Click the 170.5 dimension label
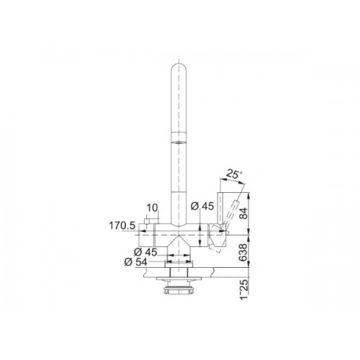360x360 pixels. (x=122, y=226)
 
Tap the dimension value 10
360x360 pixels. (x=152, y=208)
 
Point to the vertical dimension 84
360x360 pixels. (x=243, y=213)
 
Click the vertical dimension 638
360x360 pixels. (x=243, y=252)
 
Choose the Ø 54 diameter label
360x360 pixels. (x=135, y=262)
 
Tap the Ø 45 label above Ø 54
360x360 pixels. (x=145, y=252)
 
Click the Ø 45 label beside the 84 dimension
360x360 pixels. (x=202, y=206)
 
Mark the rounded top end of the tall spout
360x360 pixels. (x=179, y=65)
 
